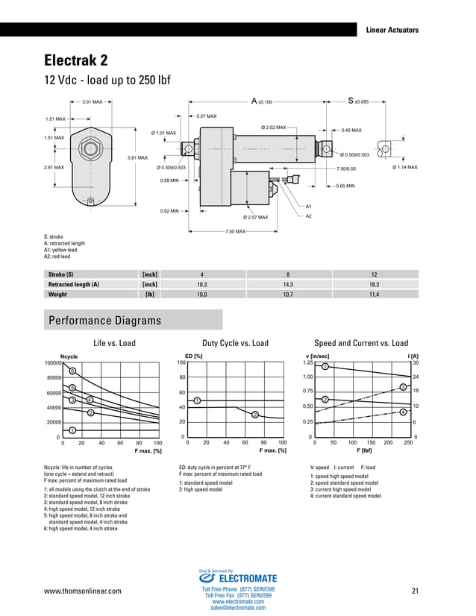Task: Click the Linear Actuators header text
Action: (x=392, y=30)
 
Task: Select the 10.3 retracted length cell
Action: (x=201, y=285)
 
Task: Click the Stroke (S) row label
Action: (x=66, y=274)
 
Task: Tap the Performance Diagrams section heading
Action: (x=104, y=321)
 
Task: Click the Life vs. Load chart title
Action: (x=114, y=343)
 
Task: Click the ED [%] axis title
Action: (x=193, y=355)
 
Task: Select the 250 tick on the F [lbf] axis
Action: (x=407, y=442)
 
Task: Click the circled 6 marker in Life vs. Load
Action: (x=72, y=371)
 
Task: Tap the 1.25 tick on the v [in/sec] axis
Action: (x=307, y=362)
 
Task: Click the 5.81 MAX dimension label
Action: (x=137, y=157)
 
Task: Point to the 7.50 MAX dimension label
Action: (x=235, y=232)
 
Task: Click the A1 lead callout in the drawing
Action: (x=309, y=205)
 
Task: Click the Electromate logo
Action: (x=237, y=578)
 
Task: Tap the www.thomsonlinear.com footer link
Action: (x=83, y=591)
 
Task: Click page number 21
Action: (x=415, y=591)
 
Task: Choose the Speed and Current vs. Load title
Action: (x=361, y=343)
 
